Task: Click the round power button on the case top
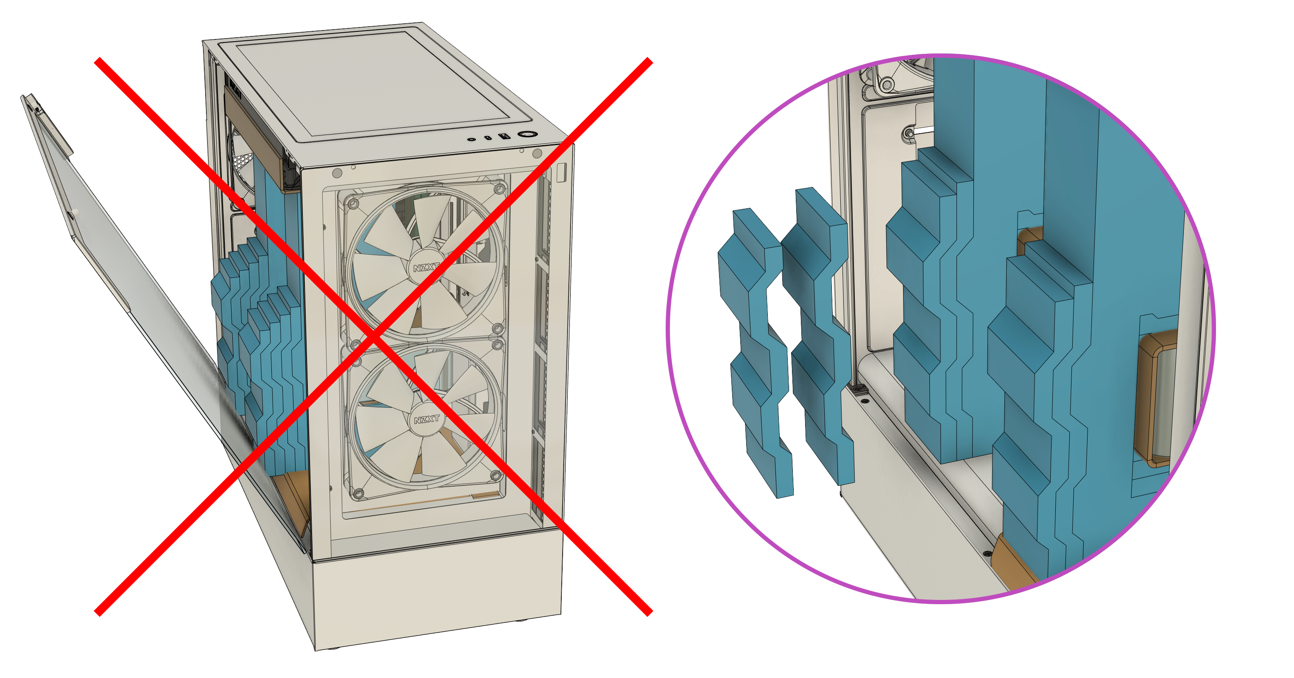(527, 134)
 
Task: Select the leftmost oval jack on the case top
(471, 139)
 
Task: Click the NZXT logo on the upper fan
(426, 267)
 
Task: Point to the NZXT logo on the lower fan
(427, 419)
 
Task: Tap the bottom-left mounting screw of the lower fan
(359, 494)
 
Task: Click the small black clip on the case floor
(858, 389)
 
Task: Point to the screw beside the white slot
(909, 134)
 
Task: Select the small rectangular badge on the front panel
(561, 172)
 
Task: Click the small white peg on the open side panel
(75, 213)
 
